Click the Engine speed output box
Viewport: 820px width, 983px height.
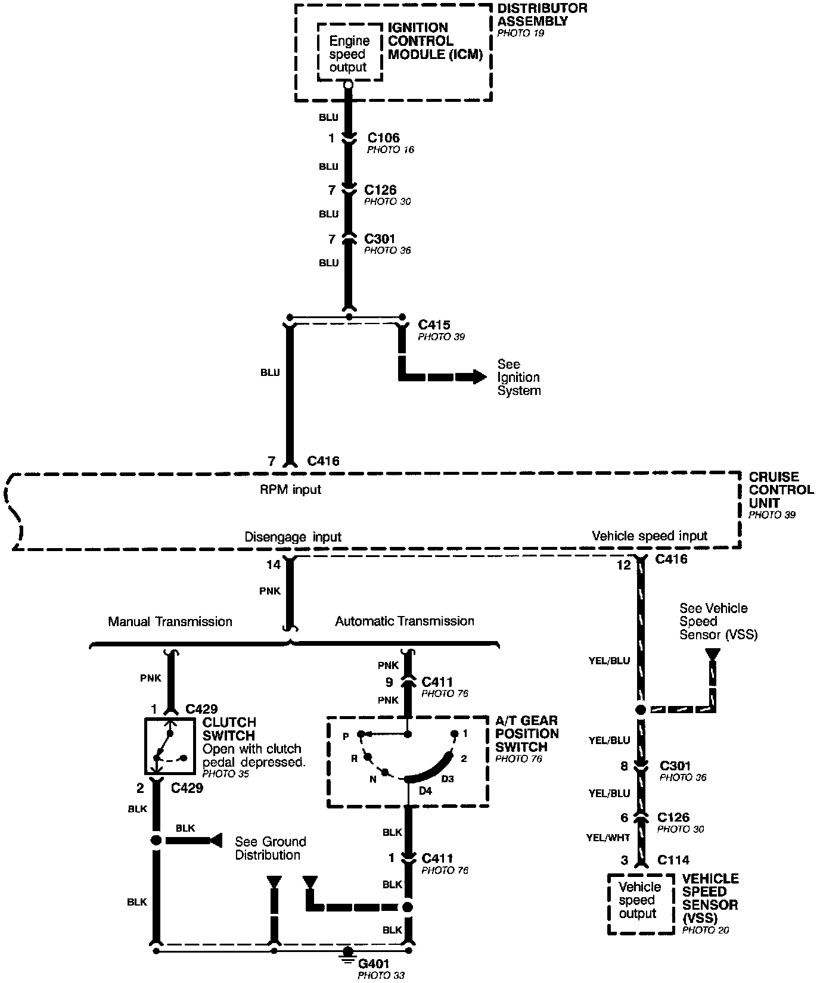click(349, 54)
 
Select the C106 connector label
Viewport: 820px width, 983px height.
click(383, 138)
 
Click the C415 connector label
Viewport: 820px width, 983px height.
click(434, 325)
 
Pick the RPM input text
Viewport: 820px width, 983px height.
click(291, 489)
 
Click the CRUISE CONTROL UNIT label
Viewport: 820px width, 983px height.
click(781, 490)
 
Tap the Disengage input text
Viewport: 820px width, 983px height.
click(293, 537)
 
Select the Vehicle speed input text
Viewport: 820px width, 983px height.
click(649, 536)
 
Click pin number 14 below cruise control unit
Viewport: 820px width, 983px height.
click(273, 564)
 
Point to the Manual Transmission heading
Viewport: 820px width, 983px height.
click(170, 621)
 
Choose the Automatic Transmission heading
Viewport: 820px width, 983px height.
click(405, 621)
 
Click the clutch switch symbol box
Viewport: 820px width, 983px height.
click(170, 745)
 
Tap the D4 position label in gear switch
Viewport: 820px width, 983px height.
click(425, 790)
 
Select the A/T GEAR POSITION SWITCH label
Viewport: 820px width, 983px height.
click(527, 733)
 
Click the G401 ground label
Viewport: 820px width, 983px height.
click(374, 963)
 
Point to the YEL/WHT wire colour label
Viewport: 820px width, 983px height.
click(608, 837)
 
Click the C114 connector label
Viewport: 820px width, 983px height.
click(673, 860)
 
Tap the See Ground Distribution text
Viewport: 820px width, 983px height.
click(270, 848)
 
